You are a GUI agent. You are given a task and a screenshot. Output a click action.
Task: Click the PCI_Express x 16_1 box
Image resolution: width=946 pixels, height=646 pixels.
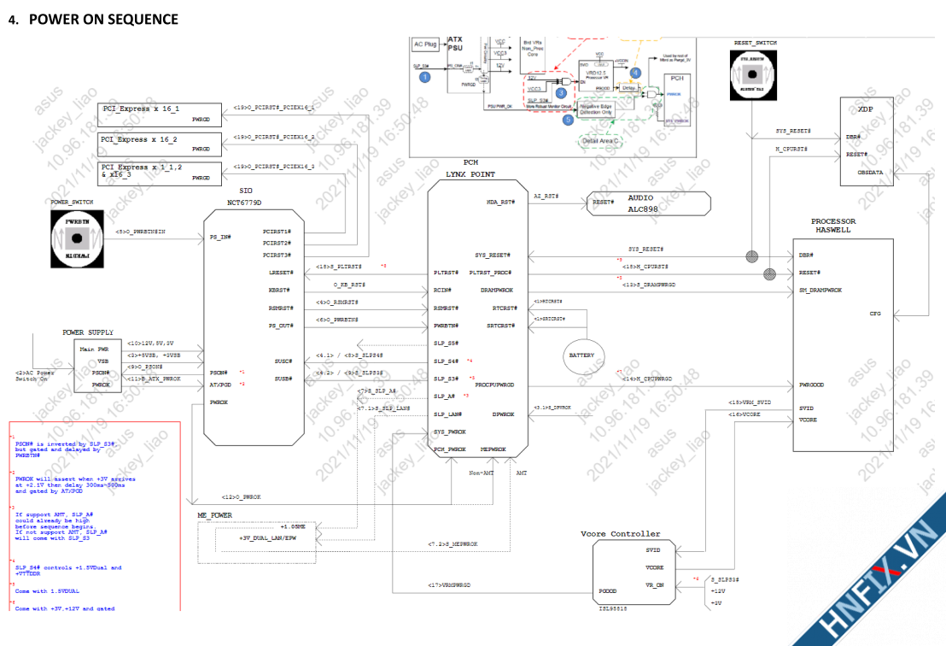point(161,115)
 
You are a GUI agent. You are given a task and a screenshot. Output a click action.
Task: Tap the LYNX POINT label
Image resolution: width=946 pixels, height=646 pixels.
point(470,174)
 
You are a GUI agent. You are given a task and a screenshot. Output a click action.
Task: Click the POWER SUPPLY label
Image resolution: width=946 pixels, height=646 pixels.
point(88,332)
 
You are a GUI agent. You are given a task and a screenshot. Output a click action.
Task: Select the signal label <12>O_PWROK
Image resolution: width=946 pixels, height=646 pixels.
point(241,496)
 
